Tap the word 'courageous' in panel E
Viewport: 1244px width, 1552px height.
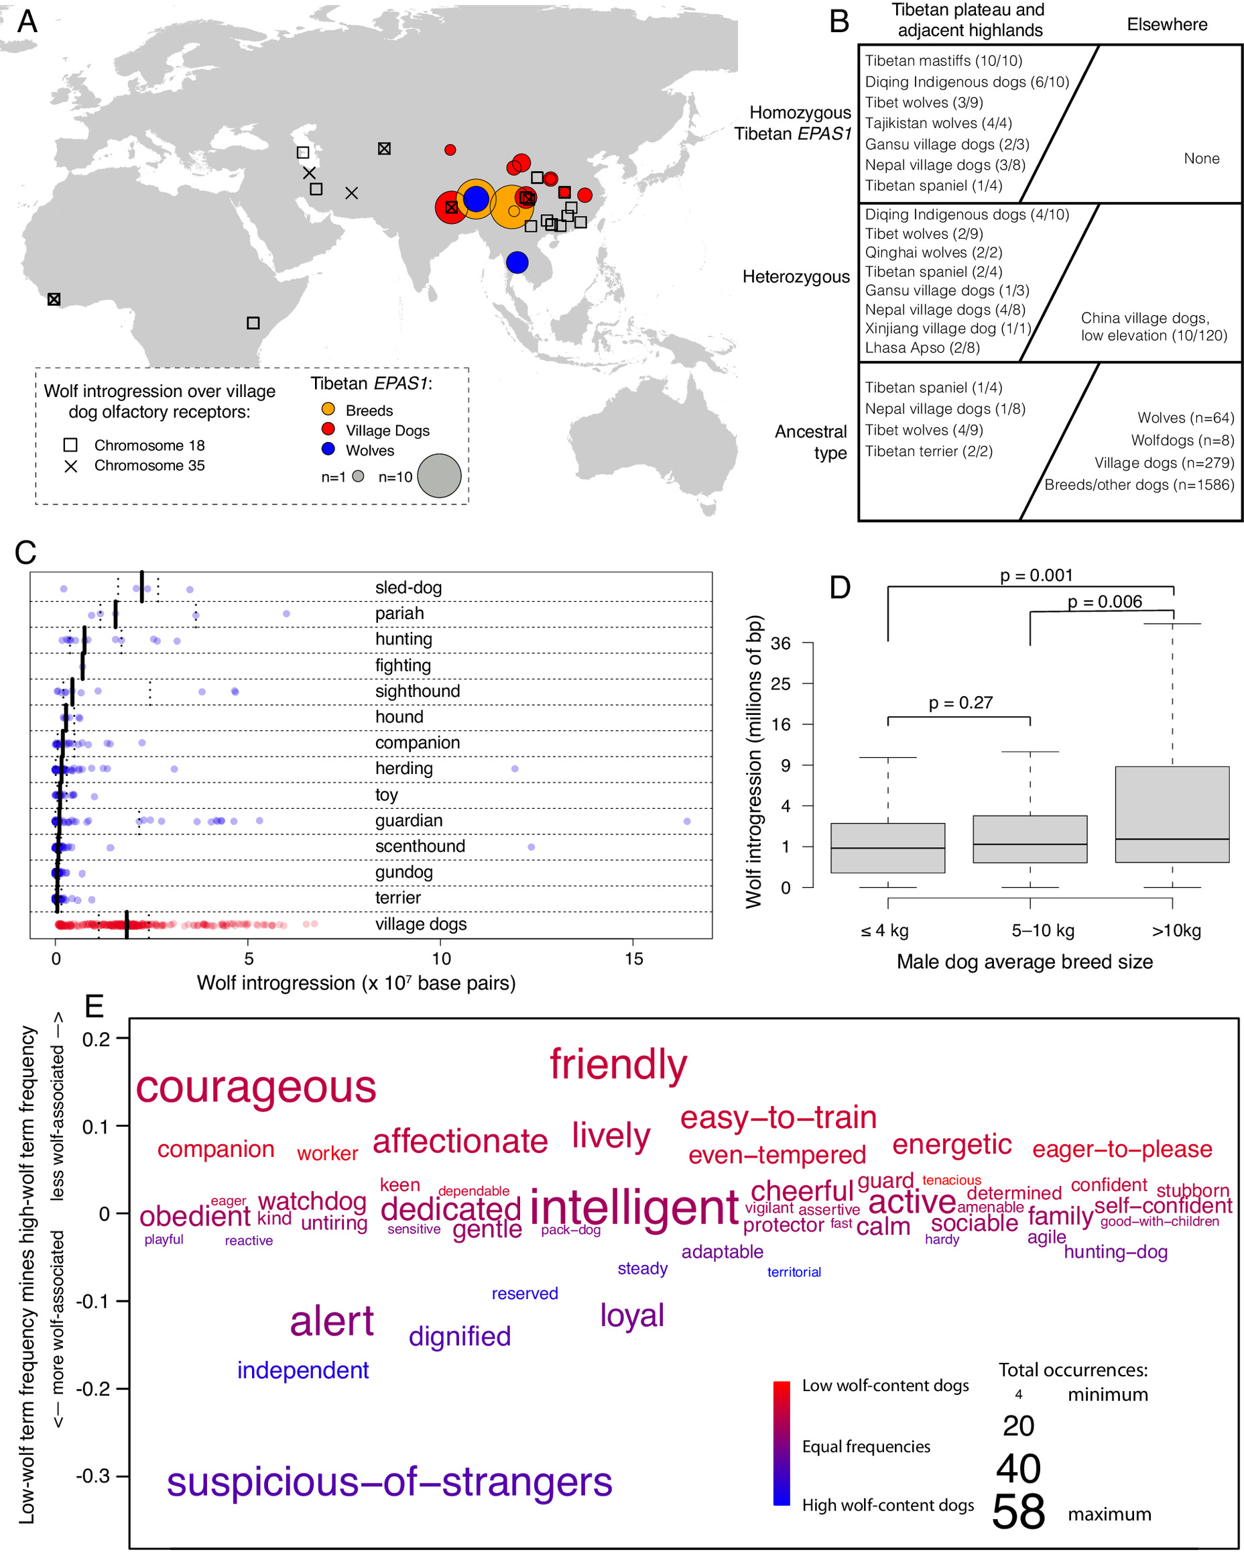(256, 1089)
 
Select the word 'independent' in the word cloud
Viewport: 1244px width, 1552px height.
(303, 1371)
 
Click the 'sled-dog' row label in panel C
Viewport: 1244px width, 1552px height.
(409, 588)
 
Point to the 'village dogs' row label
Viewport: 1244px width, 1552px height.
(421, 924)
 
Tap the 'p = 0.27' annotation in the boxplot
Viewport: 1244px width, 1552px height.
(960, 703)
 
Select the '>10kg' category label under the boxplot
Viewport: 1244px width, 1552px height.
(1176, 931)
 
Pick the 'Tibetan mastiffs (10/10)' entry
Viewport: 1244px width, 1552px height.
(943, 61)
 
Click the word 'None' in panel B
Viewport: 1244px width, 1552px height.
(1202, 158)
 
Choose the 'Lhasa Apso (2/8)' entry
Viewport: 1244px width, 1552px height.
(922, 347)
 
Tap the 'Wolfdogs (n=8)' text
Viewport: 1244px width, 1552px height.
(1182, 440)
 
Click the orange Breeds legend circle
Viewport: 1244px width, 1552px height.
(328, 409)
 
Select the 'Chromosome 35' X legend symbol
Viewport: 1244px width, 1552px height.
(70, 466)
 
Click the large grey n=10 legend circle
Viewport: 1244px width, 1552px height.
(439, 476)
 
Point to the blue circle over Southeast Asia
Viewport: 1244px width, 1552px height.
(517, 262)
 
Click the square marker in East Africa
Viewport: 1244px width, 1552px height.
(253, 323)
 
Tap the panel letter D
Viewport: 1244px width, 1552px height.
(840, 588)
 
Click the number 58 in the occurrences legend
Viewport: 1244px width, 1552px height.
(1018, 1512)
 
